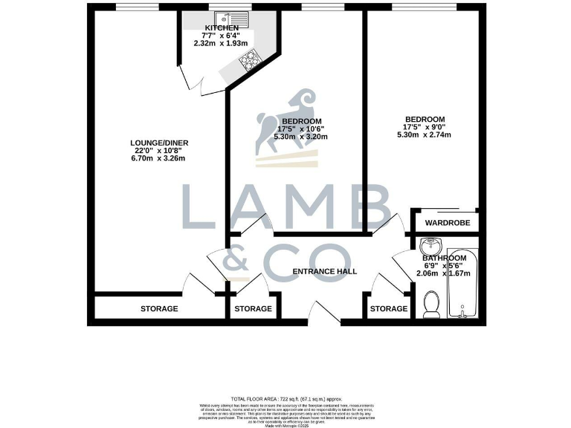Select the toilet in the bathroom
point(430,302)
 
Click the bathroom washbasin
point(430,247)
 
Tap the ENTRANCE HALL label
point(325,271)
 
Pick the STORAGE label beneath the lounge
point(159,308)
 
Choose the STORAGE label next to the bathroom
point(389,308)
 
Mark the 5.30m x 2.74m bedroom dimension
point(425,134)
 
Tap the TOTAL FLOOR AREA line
point(285,400)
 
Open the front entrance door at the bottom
point(323,314)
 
